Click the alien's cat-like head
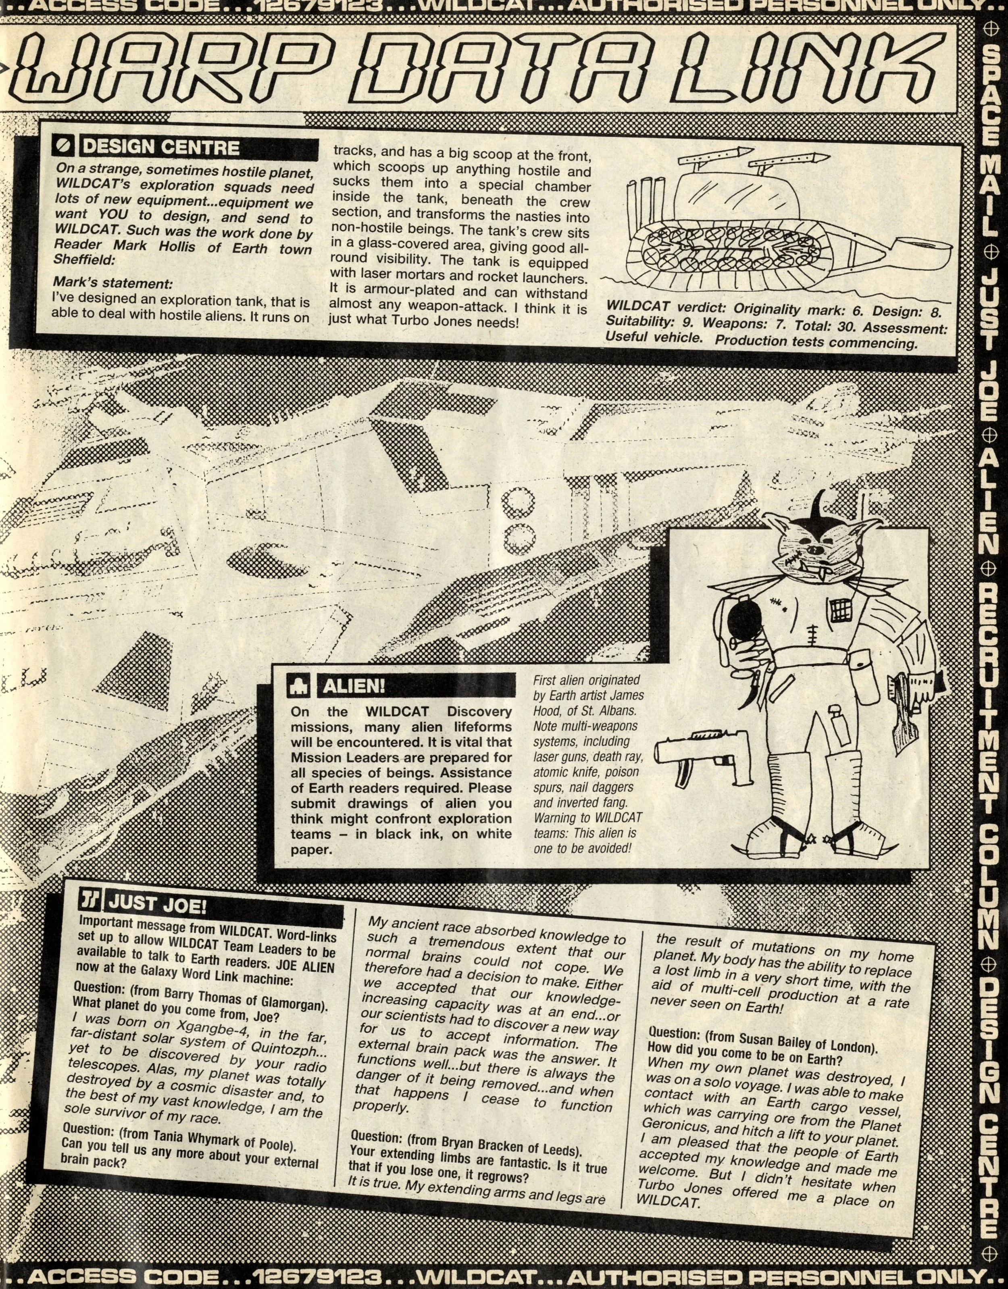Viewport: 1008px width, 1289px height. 817,543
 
